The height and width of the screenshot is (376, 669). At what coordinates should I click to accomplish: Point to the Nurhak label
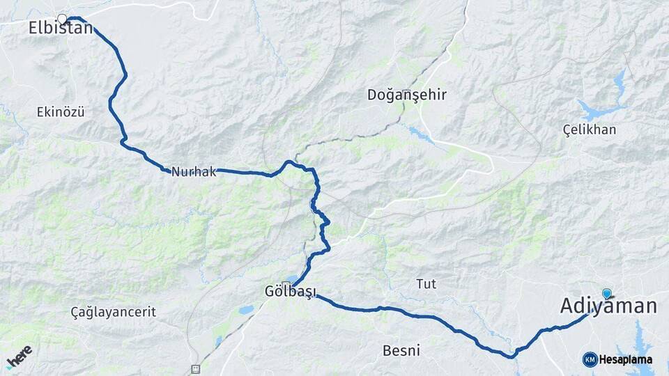tap(193, 171)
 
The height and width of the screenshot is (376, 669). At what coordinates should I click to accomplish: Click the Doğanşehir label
tap(407, 95)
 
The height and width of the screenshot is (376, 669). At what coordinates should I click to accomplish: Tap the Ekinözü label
tap(61, 111)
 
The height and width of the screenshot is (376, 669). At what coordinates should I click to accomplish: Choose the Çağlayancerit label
tap(114, 312)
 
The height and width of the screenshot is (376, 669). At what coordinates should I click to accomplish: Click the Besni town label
tap(401, 351)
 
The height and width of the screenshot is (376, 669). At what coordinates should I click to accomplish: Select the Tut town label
tap(426, 283)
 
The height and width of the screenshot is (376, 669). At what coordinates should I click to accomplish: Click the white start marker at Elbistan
tap(62, 19)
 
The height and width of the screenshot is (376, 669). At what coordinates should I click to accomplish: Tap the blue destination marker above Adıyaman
tap(607, 294)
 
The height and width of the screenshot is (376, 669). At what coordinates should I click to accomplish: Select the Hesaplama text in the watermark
tap(626, 360)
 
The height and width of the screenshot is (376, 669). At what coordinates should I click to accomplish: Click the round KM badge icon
tap(590, 359)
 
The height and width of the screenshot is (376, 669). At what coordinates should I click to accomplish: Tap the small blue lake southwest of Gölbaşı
tap(246, 310)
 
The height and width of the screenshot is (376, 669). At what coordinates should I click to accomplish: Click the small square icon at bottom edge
tap(195, 369)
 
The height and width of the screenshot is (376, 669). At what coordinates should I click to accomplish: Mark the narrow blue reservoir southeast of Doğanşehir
tap(421, 134)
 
